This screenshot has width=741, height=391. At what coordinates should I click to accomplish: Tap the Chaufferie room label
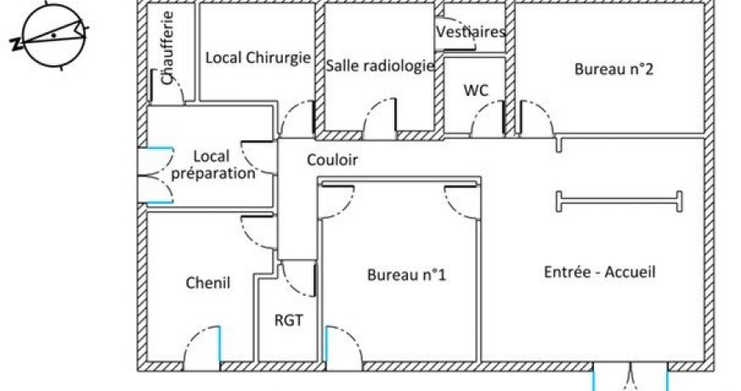pyautogui.click(x=167, y=48)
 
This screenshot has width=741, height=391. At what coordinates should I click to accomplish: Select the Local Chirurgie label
pyautogui.click(x=258, y=58)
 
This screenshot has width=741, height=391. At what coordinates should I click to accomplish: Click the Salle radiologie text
pyautogui.click(x=380, y=65)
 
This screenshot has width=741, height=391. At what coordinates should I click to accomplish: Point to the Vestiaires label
pyautogui.click(x=471, y=31)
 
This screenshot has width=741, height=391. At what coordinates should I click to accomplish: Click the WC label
pyautogui.click(x=476, y=90)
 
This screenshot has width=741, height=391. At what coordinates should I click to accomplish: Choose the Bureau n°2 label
pyautogui.click(x=614, y=69)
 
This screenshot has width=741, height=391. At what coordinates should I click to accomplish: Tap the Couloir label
pyautogui.click(x=332, y=160)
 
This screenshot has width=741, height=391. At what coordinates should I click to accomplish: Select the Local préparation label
pyautogui.click(x=212, y=165)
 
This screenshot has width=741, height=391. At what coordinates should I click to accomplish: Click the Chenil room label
pyautogui.click(x=208, y=283)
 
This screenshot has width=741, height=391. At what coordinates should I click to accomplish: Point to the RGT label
pyautogui.click(x=288, y=320)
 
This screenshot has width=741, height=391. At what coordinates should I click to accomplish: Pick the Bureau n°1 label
pyautogui.click(x=406, y=275)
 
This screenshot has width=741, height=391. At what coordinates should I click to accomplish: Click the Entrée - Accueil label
pyautogui.click(x=600, y=272)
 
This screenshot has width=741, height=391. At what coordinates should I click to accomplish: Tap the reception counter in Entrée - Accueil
pyautogui.click(x=619, y=201)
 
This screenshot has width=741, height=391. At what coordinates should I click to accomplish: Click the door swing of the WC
pyautogui.click(x=488, y=119)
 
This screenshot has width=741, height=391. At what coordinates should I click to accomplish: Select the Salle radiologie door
pyautogui.click(x=380, y=118)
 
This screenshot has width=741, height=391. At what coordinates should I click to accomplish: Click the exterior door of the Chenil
pyautogui.click(x=202, y=348)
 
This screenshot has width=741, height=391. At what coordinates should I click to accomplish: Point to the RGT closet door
pyautogui.click(x=297, y=279)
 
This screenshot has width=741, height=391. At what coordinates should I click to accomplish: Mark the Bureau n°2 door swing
pyautogui.click(x=536, y=118)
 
